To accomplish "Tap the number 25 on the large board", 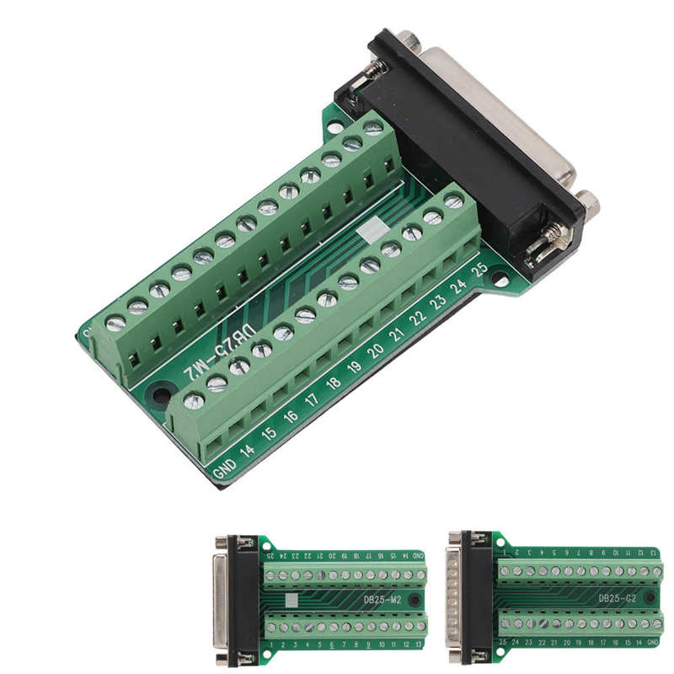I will coord(479,270).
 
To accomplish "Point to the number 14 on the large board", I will coord(247,449).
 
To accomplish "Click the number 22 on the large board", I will coord(417,318).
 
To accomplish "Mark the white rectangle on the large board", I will coord(372,232).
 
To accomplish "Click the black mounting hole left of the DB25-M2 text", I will coord(161,393).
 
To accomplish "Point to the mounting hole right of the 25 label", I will coord(500,276).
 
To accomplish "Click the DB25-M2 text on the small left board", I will coord(382,599).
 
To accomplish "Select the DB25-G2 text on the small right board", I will coord(615,599).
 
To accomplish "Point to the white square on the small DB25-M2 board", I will coord(292,600).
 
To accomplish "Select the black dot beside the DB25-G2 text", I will coord(650,598).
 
